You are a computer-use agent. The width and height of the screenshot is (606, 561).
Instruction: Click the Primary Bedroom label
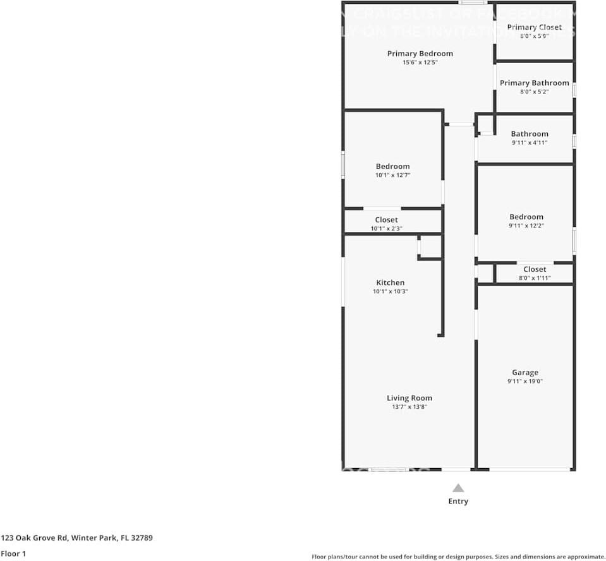tap(420, 54)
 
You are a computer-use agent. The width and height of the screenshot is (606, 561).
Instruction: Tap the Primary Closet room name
tap(534, 27)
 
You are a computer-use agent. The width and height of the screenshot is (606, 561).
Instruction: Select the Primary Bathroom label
tap(534, 83)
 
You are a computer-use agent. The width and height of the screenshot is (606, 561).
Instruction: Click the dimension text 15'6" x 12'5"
tap(420, 63)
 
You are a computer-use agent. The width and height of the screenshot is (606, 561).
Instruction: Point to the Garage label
tap(525, 373)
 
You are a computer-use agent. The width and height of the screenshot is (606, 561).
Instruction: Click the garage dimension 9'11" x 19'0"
tap(525, 382)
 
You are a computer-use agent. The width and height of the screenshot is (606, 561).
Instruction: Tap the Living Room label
tap(409, 398)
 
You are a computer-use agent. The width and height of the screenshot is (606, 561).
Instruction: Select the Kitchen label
tap(390, 282)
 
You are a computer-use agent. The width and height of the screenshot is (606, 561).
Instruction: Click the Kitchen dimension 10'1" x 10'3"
tap(390, 291)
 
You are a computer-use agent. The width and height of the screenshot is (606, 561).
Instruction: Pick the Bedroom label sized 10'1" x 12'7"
tap(392, 166)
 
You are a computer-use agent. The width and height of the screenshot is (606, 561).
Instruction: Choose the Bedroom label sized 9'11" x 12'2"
tap(526, 217)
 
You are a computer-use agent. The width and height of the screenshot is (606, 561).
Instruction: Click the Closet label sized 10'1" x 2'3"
tap(386, 220)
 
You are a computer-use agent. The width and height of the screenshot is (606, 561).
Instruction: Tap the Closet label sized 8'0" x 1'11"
tap(535, 269)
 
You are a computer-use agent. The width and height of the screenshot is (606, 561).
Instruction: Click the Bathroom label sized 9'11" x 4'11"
tap(530, 134)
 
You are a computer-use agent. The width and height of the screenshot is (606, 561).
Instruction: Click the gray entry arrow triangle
tap(458, 488)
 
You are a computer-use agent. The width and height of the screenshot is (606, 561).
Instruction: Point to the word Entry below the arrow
tap(458, 502)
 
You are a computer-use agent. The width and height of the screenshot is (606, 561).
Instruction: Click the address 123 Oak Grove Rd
tap(76, 538)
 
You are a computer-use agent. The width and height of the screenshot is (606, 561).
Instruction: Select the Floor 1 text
tap(14, 553)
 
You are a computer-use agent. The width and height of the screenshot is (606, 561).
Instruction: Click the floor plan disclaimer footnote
tap(458, 557)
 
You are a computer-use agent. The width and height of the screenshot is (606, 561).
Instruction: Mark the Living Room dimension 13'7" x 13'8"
tap(409, 407)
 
